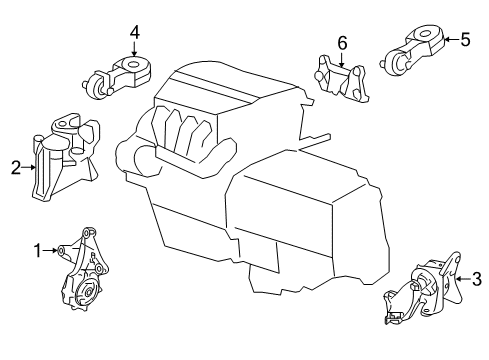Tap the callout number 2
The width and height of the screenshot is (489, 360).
[x=15, y=168]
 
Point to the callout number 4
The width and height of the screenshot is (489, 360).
[x=134, y=32]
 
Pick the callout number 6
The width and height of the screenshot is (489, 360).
[x=341, y=43]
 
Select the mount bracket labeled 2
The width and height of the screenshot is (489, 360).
[x=68, y=160]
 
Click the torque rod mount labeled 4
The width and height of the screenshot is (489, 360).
[x=118, y=78]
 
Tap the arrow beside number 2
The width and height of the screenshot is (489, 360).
[x=29, y=168]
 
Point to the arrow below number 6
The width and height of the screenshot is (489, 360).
[x=341, y=59]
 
